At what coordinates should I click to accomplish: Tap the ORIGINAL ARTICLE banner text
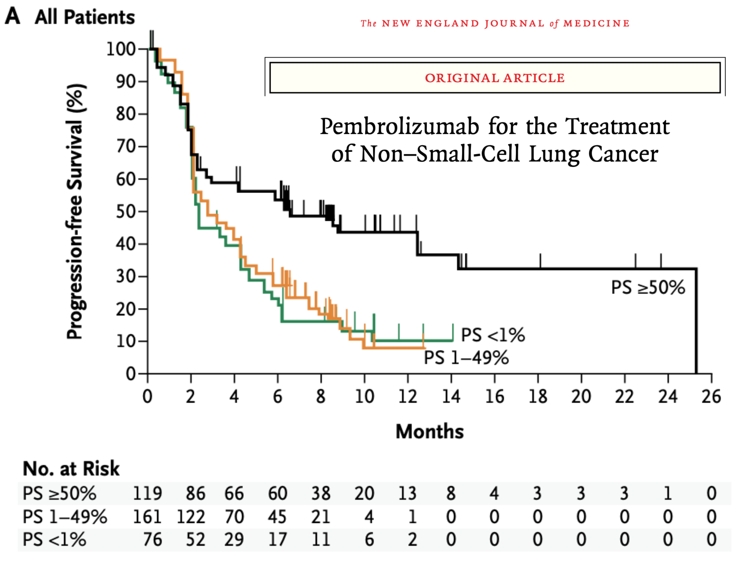[494, 78]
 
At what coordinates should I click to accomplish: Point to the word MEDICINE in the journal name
[596, 23]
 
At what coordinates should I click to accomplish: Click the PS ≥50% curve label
[647, 287]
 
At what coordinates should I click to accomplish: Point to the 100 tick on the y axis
[121, 49]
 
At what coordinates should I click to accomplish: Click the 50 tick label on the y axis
[126, 211]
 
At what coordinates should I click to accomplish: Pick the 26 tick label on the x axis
[711, 396]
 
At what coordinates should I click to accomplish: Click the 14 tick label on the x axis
[451, 396]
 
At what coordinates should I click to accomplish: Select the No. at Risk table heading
[71, 469]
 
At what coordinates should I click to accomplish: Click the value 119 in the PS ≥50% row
[147, 493]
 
